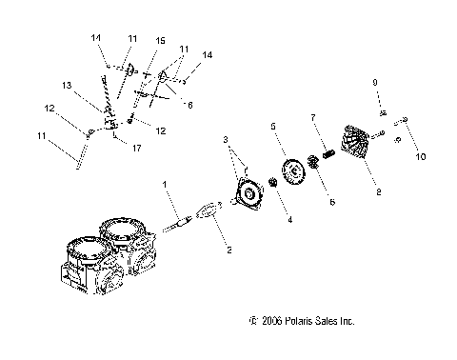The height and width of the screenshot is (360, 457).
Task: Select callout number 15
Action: pyautogui.click(x=159, y=41)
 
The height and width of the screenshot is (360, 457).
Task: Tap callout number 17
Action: pyautogui.click(x=139, y=148)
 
